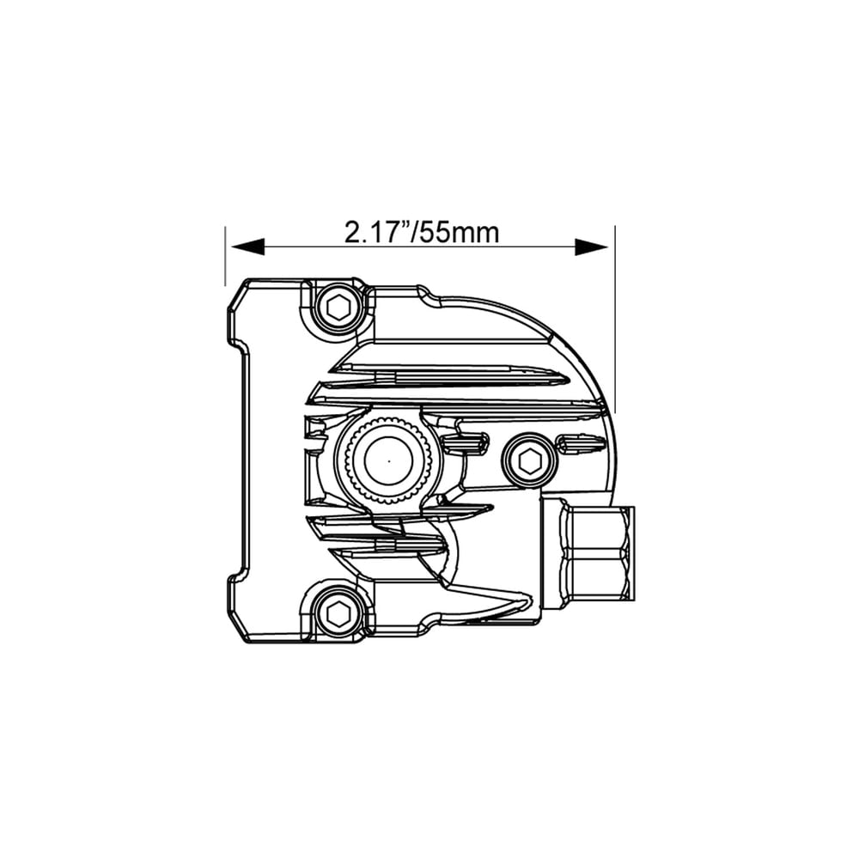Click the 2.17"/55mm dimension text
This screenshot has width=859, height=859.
point(421,232)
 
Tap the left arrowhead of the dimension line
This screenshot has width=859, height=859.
point(245,247)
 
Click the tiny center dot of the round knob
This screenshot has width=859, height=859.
point(387,460)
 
